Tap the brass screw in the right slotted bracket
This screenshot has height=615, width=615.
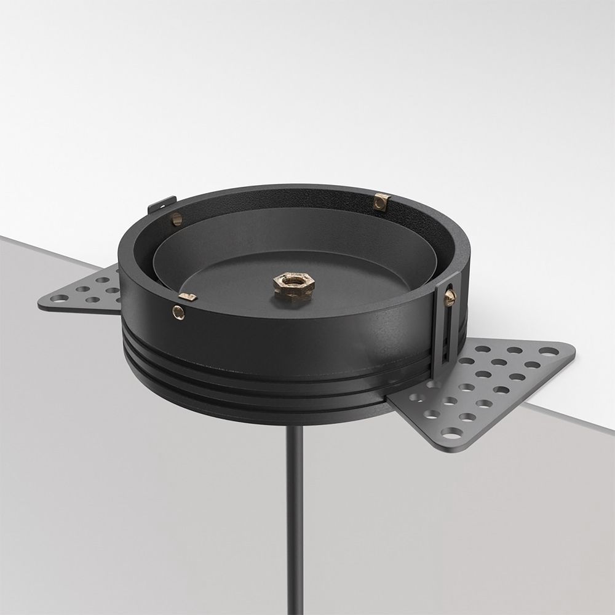pyautogui.click(x=451, y=297)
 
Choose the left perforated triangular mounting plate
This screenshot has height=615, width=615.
pyautogui.click(x=86, y=292)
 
